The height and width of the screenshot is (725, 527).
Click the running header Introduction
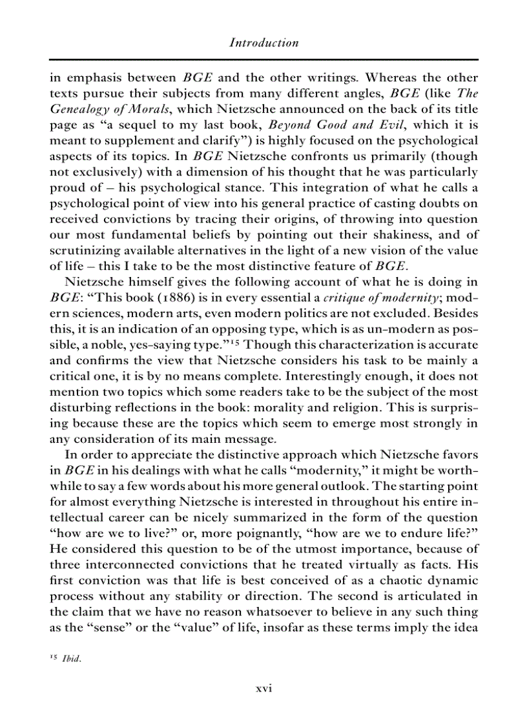coord(263,43)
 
